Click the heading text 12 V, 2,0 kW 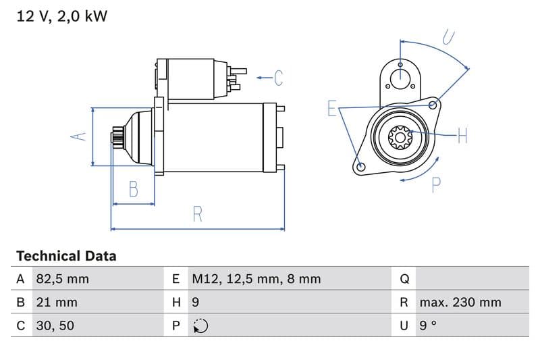[x=61, y=16]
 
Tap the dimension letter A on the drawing [x=79, y=136]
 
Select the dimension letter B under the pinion [x=134, y=189]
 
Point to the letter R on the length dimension [x=197, y=214]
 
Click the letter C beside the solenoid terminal [x=279, y=78]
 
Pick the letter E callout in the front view [x=331, y=109]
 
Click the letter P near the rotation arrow [x=436, y=184]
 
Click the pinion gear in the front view [x=400, y=138]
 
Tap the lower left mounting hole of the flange [x=360, y=166]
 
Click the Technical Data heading [x=66, y=256]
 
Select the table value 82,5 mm [x=62, y=279]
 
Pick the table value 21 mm [x=56, y=303]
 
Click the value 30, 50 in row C [x=55, y=326]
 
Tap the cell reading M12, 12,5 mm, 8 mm [x=256, y=279]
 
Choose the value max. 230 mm [x=460, y=303]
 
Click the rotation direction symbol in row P [x=200, y=326]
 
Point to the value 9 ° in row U [x=428, y=326]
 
